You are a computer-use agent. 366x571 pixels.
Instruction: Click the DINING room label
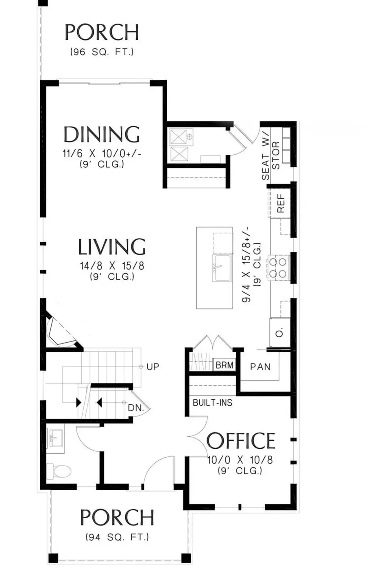pyautogui.click(x=102, y=134)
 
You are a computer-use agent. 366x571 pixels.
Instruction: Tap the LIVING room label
pyautogui.click(x=111, y=247)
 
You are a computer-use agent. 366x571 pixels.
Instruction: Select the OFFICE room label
pyautogui.click(x=241, y=441)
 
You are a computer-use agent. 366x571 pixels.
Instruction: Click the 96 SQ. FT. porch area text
pyautogui.click(x=102, y=52)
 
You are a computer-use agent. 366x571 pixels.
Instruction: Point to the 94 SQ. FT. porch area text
pyautogui.click(x=117, y=537)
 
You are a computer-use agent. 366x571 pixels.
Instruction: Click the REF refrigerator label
pyautogui.click(x=281, y=203)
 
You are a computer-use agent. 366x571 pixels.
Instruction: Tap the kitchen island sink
pyautogui.click(x=222, y=268)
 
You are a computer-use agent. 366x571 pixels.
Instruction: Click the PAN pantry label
pyautogui.click(x=260, y=367)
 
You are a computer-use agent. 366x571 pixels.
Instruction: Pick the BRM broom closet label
pyautogui.click(x=224, y=365)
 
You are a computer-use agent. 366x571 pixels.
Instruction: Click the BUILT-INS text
pyautogui.click(x=212, y=403)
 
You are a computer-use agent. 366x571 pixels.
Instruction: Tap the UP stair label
pyautogui.click(x=153, y=367)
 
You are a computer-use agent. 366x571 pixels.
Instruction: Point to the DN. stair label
pyautogui.click(x=136, y=408)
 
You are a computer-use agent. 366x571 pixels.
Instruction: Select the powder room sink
pyautogui.click(x=54, y=439)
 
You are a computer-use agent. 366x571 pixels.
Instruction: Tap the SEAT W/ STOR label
pyautogui.click(x=271, y=160)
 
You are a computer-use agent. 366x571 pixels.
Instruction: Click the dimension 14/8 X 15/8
pyautogui.click(x=112, y=266)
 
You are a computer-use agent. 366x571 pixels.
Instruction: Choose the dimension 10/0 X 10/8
pyautogui.click(x=240, y=460)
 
